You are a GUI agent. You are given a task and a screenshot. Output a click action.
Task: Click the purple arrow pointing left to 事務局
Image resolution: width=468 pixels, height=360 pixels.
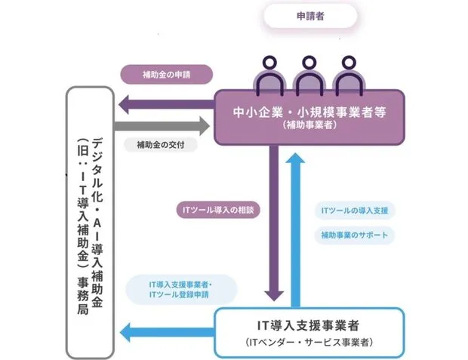pos(162,103)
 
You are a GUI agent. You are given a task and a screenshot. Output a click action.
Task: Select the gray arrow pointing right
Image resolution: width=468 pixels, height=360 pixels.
pos(162,125)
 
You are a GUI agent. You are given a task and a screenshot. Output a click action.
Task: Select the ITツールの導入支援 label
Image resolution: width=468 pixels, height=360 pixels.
pos(354,210)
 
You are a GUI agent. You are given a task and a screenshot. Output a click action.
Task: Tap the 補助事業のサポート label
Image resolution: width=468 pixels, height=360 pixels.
pos(354,235)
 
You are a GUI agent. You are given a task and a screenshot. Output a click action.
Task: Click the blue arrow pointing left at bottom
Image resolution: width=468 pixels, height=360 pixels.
pos(166,329)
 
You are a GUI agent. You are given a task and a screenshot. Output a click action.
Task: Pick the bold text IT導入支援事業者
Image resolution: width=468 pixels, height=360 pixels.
pos(310,325)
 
